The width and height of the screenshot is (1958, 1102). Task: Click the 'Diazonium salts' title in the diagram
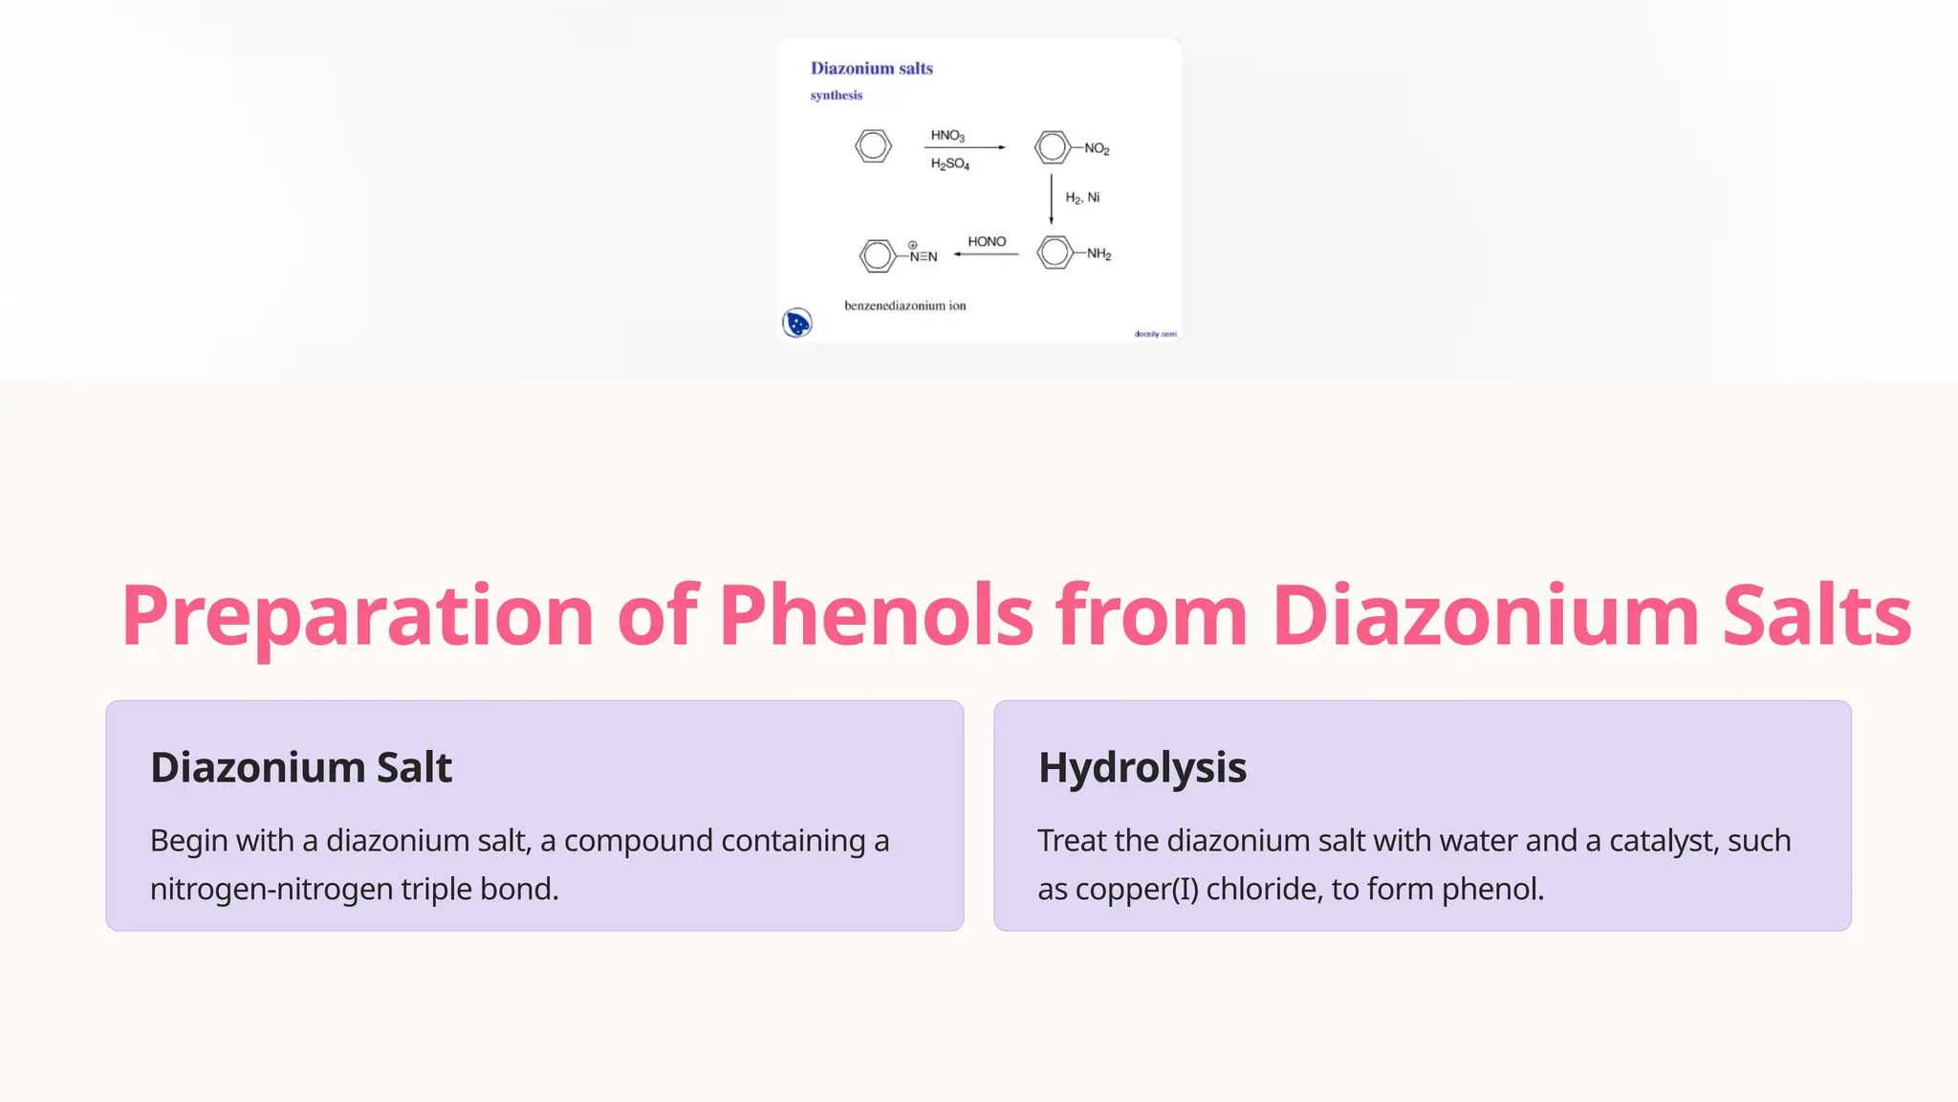click(x=871, y=68)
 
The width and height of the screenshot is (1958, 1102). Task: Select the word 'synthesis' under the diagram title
click(x=836, y=95)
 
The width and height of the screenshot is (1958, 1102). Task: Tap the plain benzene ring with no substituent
click(x=873, y=146)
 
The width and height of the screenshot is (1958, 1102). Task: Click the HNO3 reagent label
click(x=947, y=136)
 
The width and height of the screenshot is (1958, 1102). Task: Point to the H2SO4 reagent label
click(x=949, y=165)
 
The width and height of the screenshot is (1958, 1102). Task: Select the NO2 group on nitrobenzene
click(x=1097, y=149)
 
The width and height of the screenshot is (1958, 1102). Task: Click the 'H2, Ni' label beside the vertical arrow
click(x=1082, y=198)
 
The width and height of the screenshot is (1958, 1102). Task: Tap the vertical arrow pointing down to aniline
click(x=1052, y=199)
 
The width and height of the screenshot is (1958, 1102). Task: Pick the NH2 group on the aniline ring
click(x=1099, y=254)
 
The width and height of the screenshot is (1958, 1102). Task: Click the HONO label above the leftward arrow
click(x=987, y=242)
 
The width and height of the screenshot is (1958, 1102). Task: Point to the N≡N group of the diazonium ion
click(x=923, y=256)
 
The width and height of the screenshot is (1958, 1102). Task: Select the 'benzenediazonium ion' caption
click(x=904, y=306)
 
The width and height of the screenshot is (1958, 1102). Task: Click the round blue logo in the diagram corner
click(x=796, y=323)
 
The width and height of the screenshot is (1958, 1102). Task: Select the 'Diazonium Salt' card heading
click(x=300, y=767)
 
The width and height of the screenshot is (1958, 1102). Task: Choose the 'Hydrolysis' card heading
click(x=1142, y=767)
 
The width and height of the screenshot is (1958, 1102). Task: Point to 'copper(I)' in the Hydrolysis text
click(x=1137, y=890)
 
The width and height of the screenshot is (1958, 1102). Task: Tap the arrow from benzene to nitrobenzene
click(x=965, y=147)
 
